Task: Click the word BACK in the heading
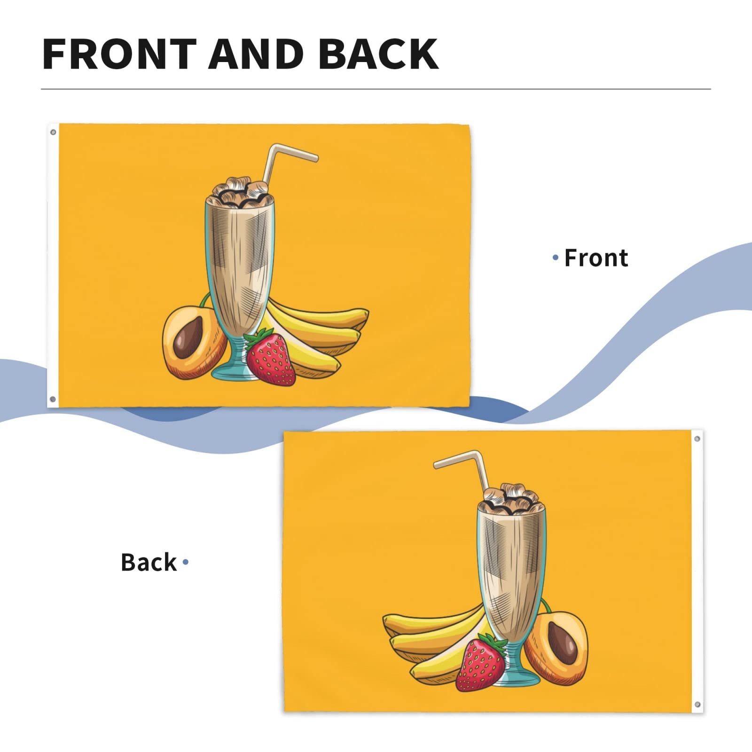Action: [x=378, y=54]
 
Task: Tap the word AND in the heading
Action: [x=256, y=54]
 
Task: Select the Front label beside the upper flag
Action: [x=596, y=258]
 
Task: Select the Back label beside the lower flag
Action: [x=149, y=562]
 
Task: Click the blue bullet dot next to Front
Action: [x=556, y=258]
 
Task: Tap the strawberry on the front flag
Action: [x=271, y=358]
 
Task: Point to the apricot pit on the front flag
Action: [x=188, y=337]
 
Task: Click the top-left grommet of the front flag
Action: [x=53, y=132]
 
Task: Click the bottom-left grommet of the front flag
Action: [x=53, y=399]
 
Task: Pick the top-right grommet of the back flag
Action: [x=697, y=439]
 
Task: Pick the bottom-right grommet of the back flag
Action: [x=697, y=705]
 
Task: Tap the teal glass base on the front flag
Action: [x=230, y=371]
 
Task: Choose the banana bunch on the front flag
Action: [x=324, y=329]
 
